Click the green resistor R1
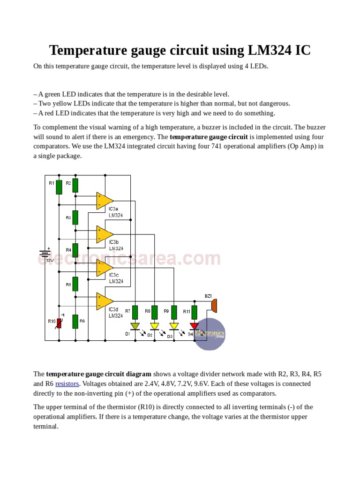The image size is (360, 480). (59, 187)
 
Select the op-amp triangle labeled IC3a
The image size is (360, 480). (104, 200)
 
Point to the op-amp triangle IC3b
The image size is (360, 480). (104, 234)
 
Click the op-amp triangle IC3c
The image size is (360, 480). (104, 268)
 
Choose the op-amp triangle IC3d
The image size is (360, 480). (104, 301)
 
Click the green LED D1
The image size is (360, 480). (135, 326)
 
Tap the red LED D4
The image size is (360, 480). (194, 326)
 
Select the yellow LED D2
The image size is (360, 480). (154, 326)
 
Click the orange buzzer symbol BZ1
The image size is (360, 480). (214, 305)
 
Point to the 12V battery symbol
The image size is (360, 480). (45, 254)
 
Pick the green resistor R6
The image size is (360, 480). (75, 322)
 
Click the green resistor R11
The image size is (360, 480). (194, 312)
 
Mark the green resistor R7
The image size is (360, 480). (135, 312)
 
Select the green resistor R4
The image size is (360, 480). (75, 250)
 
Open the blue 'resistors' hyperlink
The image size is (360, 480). (67, 384)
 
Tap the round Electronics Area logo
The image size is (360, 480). (210, 334)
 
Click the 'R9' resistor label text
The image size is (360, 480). (166, 311)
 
